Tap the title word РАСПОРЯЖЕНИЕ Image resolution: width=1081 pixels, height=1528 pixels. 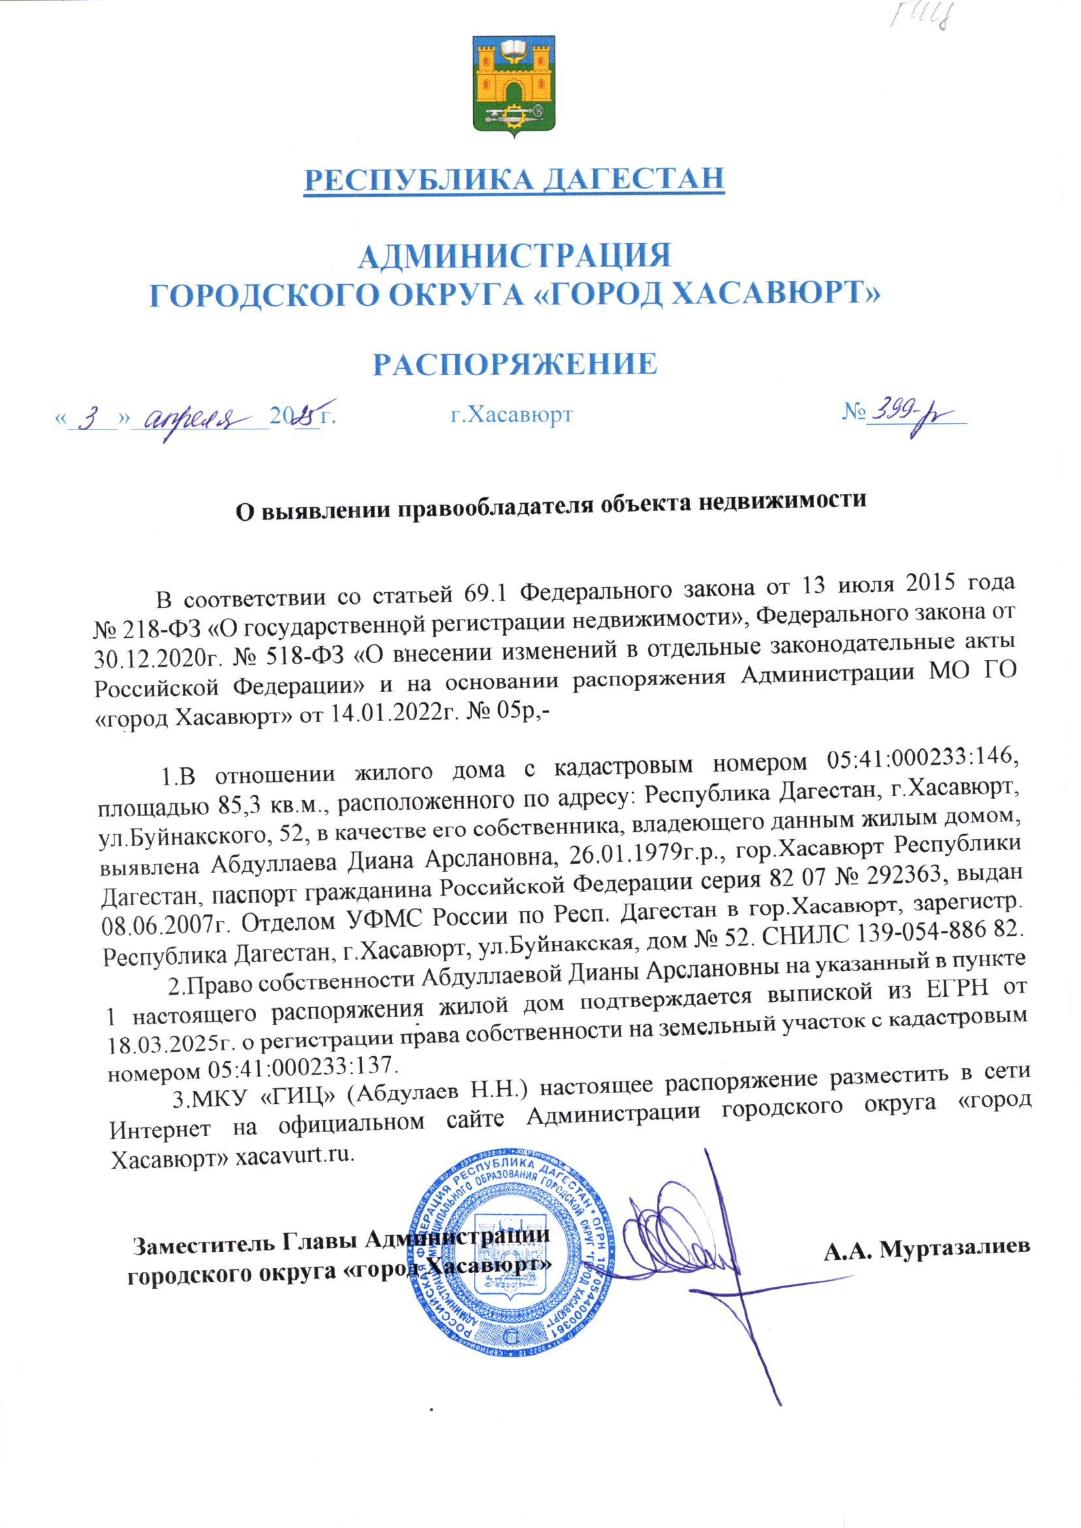(514, 363)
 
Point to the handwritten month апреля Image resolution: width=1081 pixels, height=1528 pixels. (200, 417)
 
